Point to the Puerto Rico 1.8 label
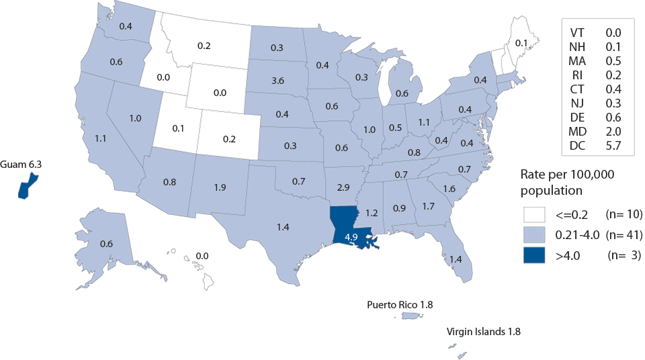click(400, 305)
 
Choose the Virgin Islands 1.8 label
click(484, 332)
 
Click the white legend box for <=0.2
click(535, 215)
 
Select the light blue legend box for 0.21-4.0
click(535, 235)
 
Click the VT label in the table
click(577, 33)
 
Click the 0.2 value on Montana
click(205, 46)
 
